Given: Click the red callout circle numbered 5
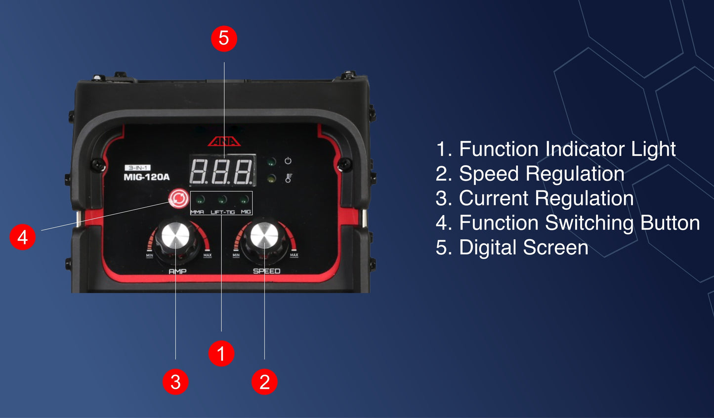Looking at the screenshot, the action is point(224,39).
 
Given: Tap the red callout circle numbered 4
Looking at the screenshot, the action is point(22,237).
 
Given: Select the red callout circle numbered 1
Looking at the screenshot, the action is point(221,353).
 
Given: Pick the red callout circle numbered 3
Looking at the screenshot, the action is point(175,381).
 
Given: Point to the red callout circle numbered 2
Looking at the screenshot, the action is point(264,381).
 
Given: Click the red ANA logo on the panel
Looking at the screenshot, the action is point(224,141).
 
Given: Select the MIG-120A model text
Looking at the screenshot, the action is point(147,177).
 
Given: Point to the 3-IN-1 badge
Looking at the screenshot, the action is point(138,168).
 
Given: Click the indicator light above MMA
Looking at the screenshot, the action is point(200,200).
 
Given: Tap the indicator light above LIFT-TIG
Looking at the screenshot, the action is point(222,200).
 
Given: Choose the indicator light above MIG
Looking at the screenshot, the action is point(244,200).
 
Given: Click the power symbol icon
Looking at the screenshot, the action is point(288,160).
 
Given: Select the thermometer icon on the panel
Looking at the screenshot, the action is point(289,178).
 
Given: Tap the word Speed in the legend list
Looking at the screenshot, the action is point(489,174).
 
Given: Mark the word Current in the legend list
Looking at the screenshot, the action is point(494,198).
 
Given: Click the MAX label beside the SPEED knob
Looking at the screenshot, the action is point(294,255).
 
